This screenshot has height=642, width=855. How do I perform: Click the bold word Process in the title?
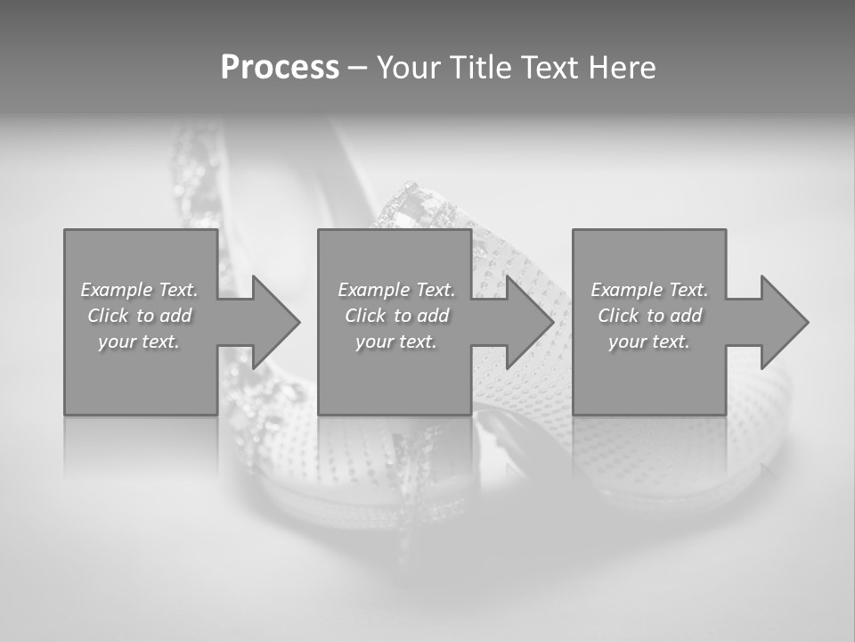click(x=280, y=68)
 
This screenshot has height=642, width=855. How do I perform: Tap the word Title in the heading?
click(x=481, y=68)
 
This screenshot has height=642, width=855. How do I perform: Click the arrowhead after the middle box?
click(x=528, y=322)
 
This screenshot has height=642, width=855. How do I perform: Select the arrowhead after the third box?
click(x=782, y=322)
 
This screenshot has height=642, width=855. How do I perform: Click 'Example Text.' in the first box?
click(x=140, y=289)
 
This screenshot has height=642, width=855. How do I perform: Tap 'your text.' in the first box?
click(x=140, y=342)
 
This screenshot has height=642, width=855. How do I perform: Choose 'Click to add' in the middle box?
click(x=396, y=316)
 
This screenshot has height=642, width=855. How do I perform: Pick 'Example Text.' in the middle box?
click(x=396, y=289)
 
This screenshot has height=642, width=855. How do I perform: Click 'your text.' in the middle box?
click(x=396, y=342)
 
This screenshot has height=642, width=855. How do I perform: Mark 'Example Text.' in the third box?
click(x=649, y=289)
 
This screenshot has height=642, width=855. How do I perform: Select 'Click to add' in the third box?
click(x=649, y=316)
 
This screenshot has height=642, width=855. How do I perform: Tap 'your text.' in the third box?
click(x=649, y=342)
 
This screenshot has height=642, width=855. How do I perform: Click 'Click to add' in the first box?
click(x=140, y=316)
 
